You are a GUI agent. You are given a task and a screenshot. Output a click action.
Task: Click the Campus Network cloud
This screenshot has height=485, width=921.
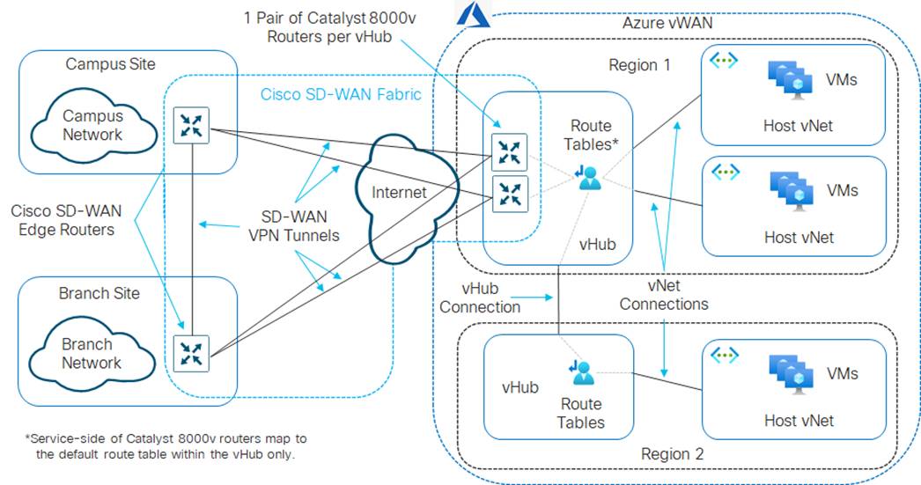click(x=92, y=126)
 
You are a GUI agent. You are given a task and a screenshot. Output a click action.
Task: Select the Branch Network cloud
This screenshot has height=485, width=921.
click(x=92, y=353)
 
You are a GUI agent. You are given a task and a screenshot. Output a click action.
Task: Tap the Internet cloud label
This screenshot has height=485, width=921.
click(x=399, y=192)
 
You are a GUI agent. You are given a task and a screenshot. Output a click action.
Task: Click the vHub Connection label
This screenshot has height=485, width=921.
click(x=480, y=298)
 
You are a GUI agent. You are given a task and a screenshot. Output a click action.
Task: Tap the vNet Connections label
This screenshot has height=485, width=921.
click(x=664, y=296)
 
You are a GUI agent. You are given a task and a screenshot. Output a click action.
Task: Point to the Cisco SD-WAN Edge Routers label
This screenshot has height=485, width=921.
click(x=63, y=220)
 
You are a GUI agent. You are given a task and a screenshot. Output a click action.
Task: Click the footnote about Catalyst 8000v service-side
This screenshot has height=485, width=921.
click(x=166, y=446)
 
